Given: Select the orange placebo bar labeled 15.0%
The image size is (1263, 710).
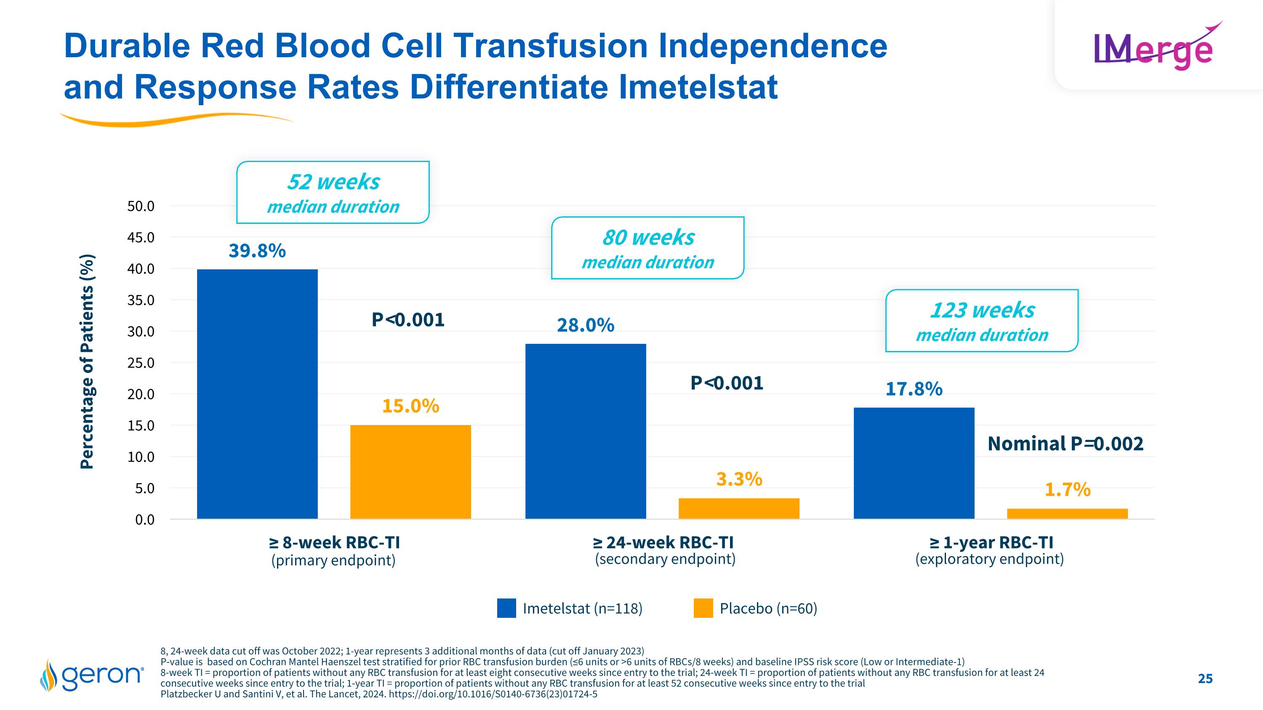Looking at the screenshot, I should (410, 471).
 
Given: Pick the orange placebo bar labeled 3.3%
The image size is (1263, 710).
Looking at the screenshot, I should (739, 508).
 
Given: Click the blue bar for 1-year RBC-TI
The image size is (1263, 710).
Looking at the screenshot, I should (914, 463).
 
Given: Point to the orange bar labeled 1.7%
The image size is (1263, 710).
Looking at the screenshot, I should (1067, 513).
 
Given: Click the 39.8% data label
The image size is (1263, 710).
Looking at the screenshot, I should (257, 251).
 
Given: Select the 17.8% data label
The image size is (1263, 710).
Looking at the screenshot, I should (914, 389).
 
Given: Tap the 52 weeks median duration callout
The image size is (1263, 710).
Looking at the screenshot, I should (333, 193).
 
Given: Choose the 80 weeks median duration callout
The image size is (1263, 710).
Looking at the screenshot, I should (647, 248).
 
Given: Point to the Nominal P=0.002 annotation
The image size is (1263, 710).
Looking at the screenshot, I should (1065, 444).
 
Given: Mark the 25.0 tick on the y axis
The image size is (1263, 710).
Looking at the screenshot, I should (141, 363).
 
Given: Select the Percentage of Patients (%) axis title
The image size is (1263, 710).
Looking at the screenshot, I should (87, 362).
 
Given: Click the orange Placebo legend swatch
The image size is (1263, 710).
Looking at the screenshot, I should (703, 608).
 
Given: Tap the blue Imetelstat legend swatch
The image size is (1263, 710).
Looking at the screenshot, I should (506, 608).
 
